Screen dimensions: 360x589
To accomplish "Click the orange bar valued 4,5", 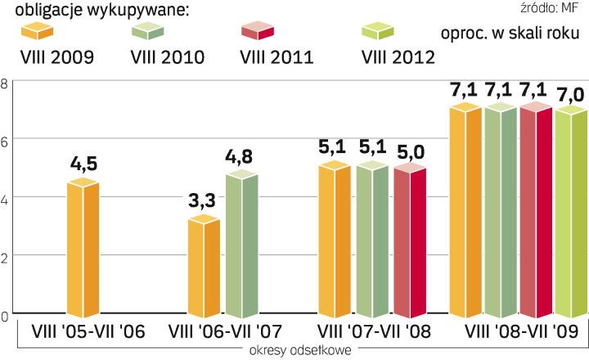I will [83, 249].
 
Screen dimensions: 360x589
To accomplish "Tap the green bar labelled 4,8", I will [241, 245].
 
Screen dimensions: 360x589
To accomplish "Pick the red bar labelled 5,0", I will [410, 241].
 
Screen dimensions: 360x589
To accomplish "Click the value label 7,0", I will [572, 96].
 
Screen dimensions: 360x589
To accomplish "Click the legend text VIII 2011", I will [276, 57].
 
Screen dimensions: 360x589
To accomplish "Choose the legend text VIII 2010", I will [167, 57].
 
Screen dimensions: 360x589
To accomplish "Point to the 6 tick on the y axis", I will [5, 140].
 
